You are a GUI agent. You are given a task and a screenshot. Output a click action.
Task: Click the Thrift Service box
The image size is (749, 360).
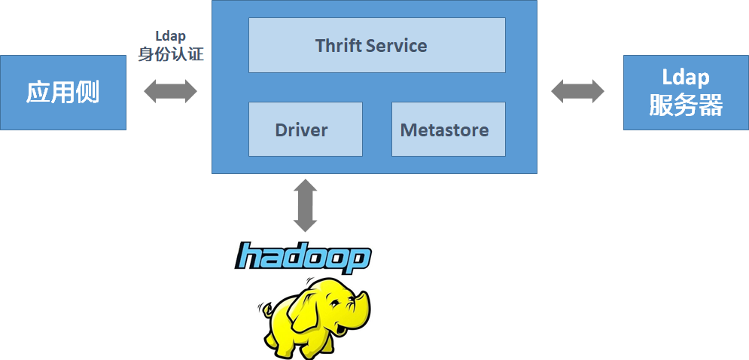point(376,45)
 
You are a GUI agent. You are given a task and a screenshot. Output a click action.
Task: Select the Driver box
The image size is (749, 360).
point(305,130)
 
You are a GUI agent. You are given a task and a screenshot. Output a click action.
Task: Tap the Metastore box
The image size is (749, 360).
point(448,130)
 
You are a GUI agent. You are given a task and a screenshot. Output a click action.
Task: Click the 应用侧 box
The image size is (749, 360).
point(62,92)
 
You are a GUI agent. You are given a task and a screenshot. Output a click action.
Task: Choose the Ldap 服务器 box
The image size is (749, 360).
point(686,92)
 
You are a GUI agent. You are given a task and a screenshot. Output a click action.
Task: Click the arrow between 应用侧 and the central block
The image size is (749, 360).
point(170,92)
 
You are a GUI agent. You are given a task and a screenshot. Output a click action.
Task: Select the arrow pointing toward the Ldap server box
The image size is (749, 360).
point(577,92)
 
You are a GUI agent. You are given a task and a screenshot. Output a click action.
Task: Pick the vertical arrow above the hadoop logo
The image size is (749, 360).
point(305,205)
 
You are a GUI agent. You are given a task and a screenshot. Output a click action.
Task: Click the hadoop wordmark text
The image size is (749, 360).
point(303,258)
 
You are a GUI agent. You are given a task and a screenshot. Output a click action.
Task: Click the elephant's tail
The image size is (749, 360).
point(263,309)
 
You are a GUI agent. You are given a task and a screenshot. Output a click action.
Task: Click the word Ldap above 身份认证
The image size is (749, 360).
point(170,36)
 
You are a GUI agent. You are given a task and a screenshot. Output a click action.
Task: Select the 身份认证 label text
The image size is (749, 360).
point(170,54)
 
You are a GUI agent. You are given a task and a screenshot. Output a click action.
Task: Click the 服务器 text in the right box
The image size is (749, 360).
point(686,105)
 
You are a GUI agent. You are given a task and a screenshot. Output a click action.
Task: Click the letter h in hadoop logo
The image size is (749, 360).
point(248,257)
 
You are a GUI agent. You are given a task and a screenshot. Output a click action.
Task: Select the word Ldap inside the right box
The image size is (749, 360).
point(686,78)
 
